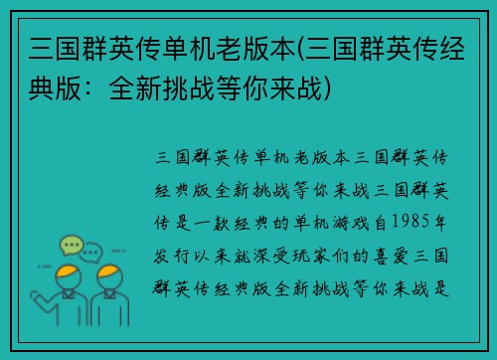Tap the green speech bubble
[70, 245]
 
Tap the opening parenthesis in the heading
[295, 48]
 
